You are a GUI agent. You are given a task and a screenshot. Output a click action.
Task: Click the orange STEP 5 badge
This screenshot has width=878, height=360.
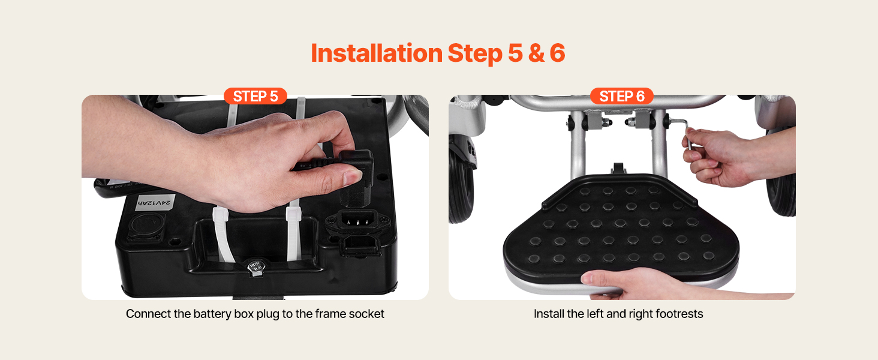pos(255,96)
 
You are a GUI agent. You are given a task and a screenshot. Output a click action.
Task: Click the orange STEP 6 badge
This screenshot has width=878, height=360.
pos(622,96)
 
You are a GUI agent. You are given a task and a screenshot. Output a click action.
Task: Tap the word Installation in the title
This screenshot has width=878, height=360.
pos(377,53)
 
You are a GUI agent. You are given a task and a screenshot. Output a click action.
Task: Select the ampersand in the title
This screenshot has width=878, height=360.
pos(536,53)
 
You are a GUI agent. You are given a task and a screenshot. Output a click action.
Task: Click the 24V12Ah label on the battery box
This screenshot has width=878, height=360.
pos(155,203)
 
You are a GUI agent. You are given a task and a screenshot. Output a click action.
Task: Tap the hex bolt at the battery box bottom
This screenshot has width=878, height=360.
pos(255,267)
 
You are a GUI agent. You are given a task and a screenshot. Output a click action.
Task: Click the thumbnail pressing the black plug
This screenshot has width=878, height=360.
pos(352,177)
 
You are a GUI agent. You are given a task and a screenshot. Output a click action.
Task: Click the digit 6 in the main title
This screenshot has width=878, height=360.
pos(557,53)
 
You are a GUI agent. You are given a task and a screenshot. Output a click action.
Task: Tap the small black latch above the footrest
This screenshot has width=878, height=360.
pos(618,169)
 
